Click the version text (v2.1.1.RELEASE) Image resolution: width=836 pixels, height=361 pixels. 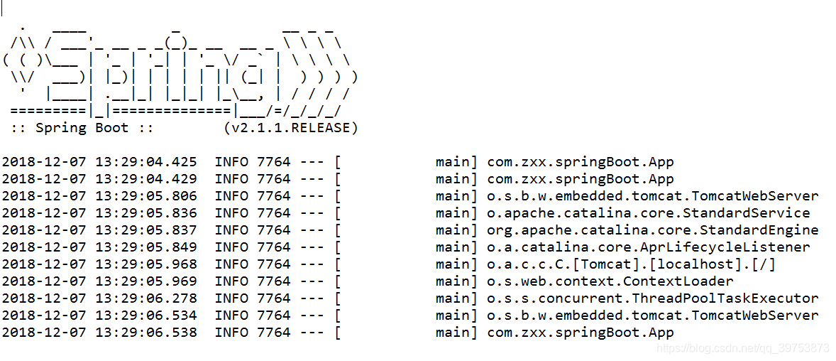coord(290,128)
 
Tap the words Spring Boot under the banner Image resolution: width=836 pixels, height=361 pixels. coord(82,128)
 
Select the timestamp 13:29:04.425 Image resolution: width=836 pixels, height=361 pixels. coord(146,162)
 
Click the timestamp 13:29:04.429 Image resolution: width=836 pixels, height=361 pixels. coord(146,179)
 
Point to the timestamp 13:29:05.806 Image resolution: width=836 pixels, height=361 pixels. coord(146,196)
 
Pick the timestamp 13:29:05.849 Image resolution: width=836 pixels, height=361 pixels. coord(146,247)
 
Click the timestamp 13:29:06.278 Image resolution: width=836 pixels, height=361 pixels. coord(146,298)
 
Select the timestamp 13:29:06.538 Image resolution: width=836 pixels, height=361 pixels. coord(146,333)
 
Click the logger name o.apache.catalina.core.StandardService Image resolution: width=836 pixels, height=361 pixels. coord(648,213)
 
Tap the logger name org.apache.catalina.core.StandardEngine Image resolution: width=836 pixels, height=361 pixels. coord(652,230)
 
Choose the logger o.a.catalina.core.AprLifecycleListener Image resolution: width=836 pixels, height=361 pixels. coord(648,247)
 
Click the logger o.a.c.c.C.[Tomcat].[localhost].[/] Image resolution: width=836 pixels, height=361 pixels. coord(631,264)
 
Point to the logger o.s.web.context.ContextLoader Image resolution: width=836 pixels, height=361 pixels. coord(610,281)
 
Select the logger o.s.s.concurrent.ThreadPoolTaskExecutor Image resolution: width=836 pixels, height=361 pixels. coord(652,298)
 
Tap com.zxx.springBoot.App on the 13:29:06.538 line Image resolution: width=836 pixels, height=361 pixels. coord(580,333)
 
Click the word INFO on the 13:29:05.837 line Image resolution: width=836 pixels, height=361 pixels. coord(231,230)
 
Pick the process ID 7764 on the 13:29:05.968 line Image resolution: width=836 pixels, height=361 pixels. coord(274,264)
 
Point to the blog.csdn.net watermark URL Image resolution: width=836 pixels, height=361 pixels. coord(743,348)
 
